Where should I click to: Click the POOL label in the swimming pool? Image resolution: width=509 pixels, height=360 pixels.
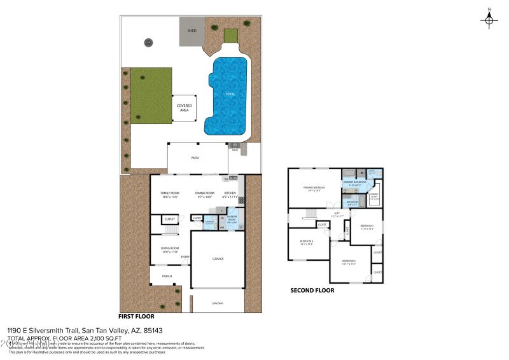[x=230, y=94]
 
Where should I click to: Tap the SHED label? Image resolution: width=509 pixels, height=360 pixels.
[x=192, y=30]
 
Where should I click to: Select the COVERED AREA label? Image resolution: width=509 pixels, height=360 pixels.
[x=184, y=107]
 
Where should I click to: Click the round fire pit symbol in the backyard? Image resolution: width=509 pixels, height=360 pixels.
[x=148, y=43]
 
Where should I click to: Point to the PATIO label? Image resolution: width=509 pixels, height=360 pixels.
[x=195, y=157]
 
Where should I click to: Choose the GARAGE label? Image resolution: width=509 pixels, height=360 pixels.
[x=217, y=259]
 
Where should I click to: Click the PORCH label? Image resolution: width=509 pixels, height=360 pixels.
[x=167, y=276]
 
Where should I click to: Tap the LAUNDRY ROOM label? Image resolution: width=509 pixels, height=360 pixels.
[x=232, y=219]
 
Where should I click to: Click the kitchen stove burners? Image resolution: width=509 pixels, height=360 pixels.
[x=241, y=200]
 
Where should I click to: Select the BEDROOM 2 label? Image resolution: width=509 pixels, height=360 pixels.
[x=349, y=262]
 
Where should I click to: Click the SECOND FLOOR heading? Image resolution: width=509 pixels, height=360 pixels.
[x=312, y=291]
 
